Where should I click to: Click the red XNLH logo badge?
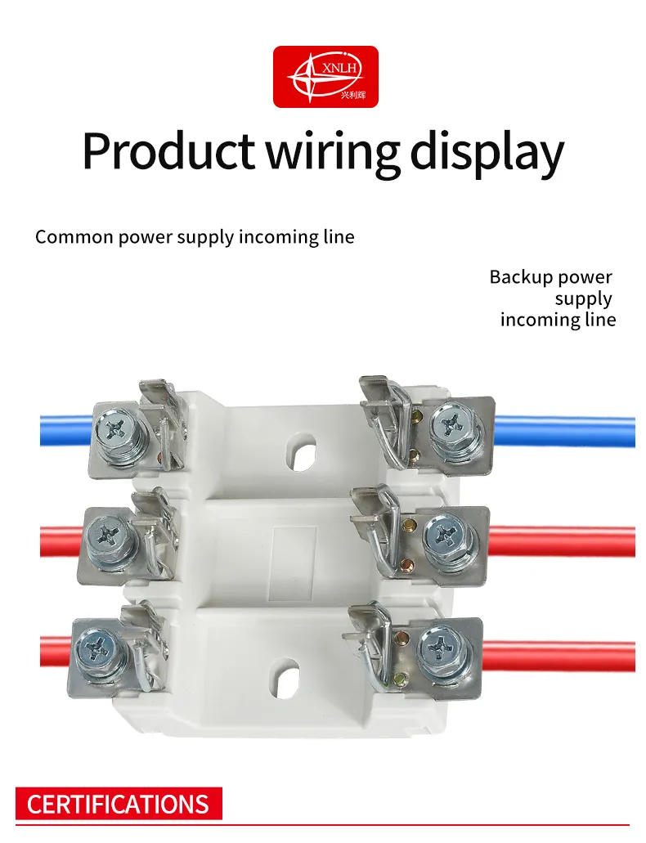(325, 76)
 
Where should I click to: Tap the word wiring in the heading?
(334, 152)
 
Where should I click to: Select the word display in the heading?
(487, 152)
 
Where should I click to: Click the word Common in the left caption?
(74, 237)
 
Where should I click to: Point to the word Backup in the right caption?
(517, 277)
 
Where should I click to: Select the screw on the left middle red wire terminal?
(109, 536)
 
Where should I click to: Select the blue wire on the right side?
(564, 431)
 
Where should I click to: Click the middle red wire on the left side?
(62, 542)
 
